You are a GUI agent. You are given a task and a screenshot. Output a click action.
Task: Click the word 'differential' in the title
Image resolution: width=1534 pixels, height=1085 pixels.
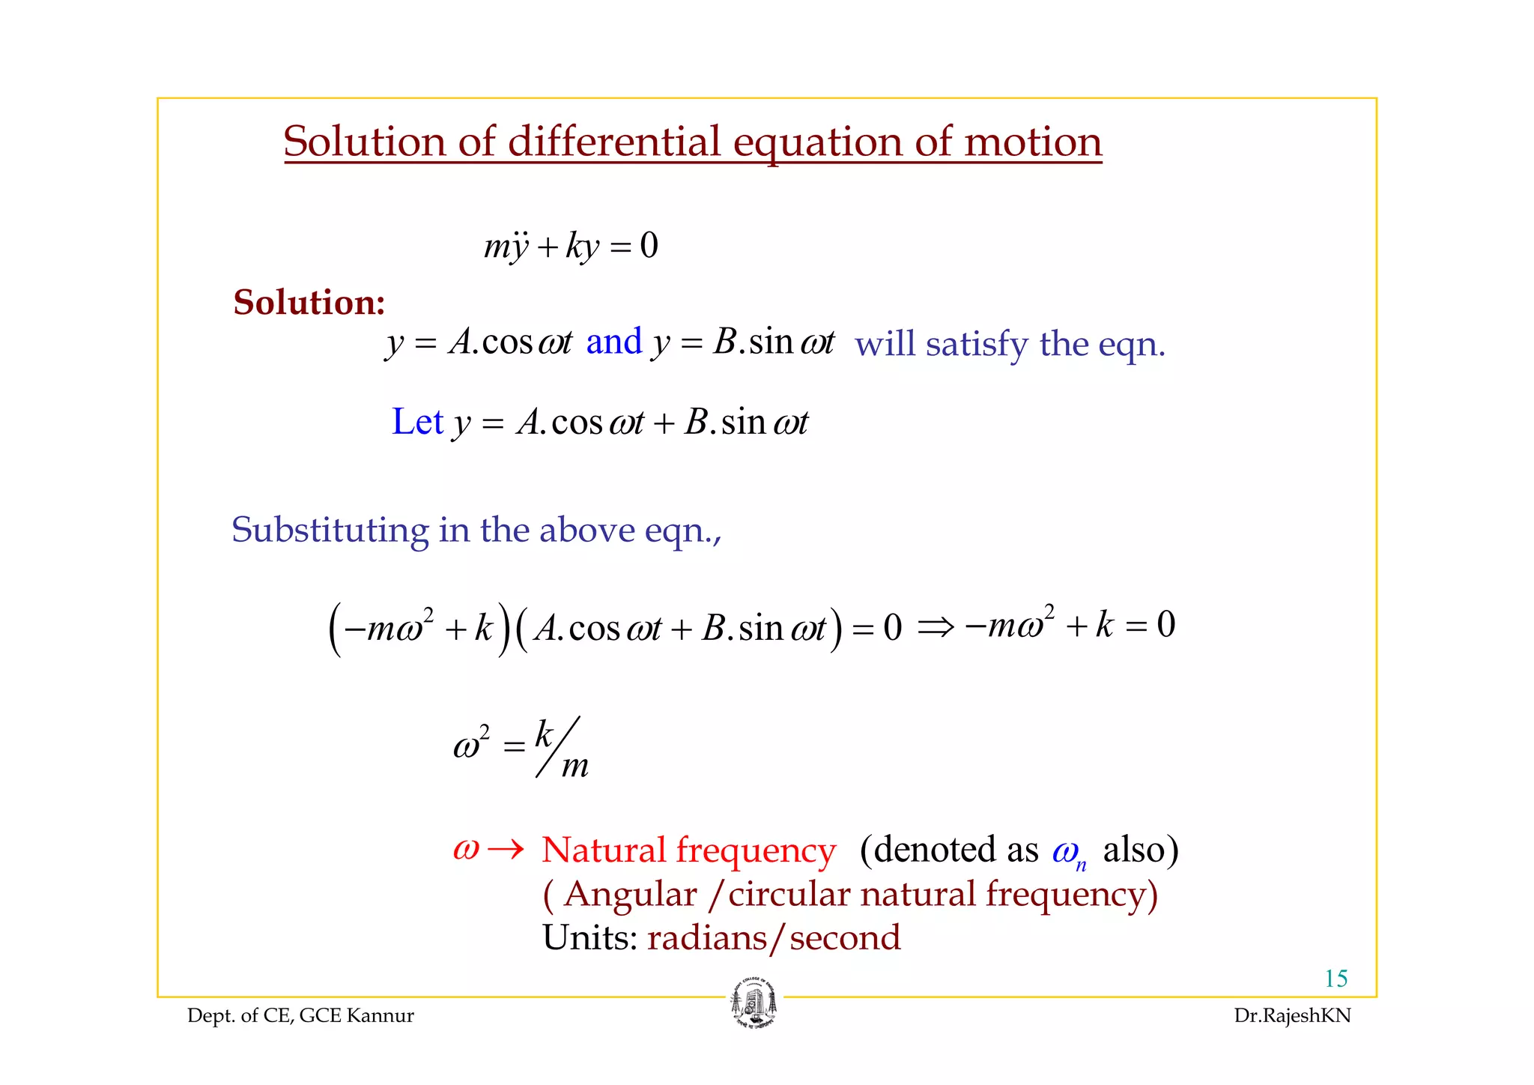pos(613,142)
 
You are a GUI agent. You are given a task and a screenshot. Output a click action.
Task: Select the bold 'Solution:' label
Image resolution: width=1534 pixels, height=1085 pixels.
pos(309,303)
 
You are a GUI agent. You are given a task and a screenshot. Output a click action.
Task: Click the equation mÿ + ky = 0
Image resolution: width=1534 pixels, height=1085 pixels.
pos(571,246)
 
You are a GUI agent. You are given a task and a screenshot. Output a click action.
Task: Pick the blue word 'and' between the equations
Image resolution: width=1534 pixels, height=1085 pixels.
pos(613,342)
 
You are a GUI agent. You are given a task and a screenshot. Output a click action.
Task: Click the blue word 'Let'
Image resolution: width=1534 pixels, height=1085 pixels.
pos(417,422)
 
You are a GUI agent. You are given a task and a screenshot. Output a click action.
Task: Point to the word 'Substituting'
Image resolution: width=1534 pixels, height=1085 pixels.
pos(330,530)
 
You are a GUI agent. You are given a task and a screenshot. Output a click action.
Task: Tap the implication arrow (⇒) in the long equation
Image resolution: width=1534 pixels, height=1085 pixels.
pos(935,626)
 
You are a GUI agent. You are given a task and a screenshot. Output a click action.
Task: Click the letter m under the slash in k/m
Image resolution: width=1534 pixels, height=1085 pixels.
pos(575,766)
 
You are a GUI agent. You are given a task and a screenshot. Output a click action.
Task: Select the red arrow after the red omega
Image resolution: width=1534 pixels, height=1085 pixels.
pos(505,850)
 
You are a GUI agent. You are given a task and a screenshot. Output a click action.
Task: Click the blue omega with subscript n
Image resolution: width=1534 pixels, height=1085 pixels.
pos(1068,852)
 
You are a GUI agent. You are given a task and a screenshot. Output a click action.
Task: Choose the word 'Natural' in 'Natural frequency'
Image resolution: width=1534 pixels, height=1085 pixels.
pos(603,850)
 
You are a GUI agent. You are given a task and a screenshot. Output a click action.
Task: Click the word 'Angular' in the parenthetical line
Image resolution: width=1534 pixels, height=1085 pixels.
pos(630,895)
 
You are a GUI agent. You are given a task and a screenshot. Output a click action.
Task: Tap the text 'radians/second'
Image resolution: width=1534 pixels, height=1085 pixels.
pos(774,938)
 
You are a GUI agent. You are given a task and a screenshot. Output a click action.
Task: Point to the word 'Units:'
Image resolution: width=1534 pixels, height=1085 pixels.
pos(589,938)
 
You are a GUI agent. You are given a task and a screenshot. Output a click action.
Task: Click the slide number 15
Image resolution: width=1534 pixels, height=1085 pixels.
pos(1336,979)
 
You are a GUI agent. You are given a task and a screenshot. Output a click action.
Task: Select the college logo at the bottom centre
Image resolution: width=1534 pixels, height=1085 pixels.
pos(754,1003)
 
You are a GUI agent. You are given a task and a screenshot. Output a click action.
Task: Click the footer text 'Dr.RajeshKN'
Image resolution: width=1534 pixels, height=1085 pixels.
pos(1292,1016)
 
